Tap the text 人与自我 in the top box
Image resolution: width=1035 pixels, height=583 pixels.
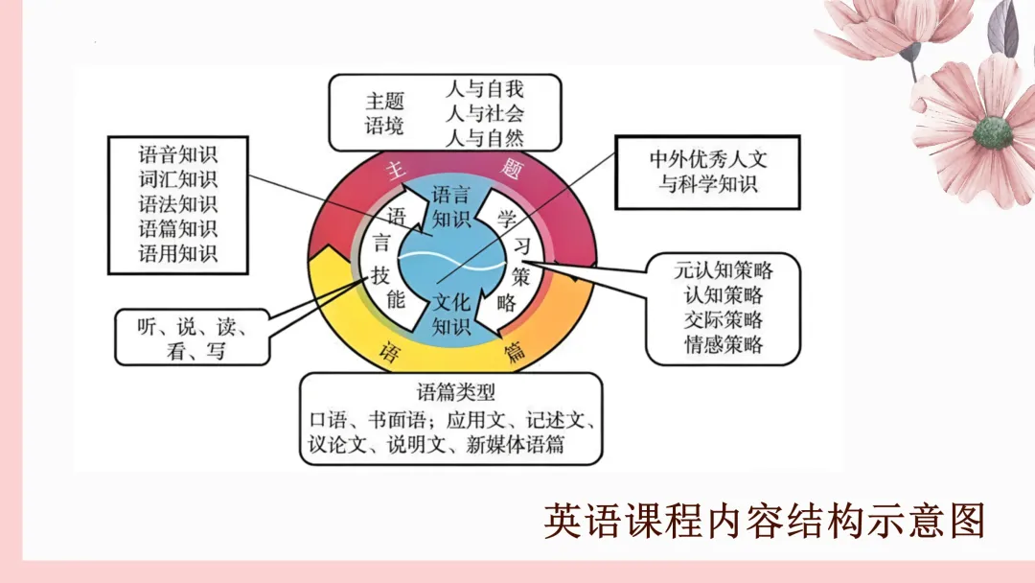coord(485,89)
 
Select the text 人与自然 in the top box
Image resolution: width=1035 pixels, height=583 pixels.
coord(485,136)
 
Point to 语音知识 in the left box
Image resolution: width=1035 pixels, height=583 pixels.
coord(178,153)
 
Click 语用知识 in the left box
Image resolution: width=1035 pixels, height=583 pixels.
coord(178,253)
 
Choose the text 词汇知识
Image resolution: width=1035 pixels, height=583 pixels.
coord(178,178)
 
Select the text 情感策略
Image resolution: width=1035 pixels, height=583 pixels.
coord(724,344)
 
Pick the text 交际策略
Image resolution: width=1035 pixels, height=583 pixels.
coord(724,319)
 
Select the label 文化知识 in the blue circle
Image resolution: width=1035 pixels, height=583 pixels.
coord(451,315)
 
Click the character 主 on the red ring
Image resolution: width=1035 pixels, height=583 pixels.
coord(392,170)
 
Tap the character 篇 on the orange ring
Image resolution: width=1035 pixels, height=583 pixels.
coord(516,352)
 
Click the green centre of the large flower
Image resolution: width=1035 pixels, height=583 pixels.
coord(993,132)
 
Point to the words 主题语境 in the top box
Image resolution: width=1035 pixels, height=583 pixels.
coord(384,113)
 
